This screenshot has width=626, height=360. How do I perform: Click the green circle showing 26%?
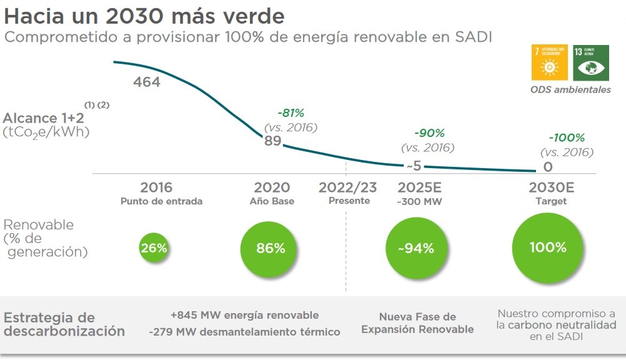tap(154, 247)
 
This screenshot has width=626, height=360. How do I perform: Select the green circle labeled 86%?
tap(271, 247)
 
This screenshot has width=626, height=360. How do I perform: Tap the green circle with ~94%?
tap(415, 248)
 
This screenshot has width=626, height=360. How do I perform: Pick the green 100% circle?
tap(547, 247)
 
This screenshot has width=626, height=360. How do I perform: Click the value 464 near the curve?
tap(147, 82)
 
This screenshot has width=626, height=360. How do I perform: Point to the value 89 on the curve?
tap(272, 141)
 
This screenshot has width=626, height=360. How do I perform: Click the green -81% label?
tap(291, 113)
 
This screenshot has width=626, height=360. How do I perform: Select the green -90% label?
tap(429, 133)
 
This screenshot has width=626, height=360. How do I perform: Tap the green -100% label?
tap(567, 137)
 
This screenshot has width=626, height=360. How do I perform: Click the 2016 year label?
tap(156, 187)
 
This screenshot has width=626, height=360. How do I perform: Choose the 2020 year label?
tap(272, 187)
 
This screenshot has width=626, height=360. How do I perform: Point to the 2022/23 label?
tap(349, 187)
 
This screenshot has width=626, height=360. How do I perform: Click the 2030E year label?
tap(551, 187)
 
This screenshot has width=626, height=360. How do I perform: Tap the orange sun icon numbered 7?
tap(550, 62)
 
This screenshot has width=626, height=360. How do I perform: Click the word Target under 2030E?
tap(551, 201)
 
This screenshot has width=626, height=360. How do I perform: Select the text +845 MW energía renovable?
tap(244, 315)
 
